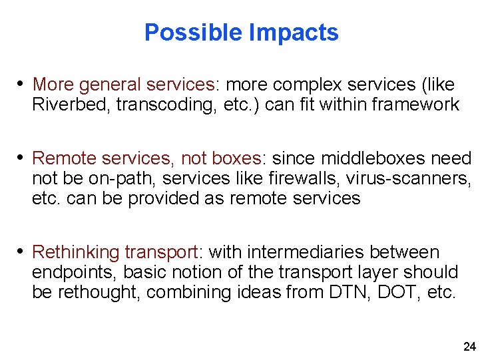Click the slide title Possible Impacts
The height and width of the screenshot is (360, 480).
pyautogui.click(x=241, y=32)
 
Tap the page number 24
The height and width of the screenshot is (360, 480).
pyautogui.click(x=469, y=347)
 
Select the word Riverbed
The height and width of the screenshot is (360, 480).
pyautogui.click(x=62, y=104)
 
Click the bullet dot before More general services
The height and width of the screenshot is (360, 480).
pyautogui.click(x=21, y=85)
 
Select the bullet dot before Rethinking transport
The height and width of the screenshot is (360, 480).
pyautogui.click(x=21, y=252)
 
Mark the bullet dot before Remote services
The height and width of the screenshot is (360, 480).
pyautogui.click(x=21, y=158)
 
